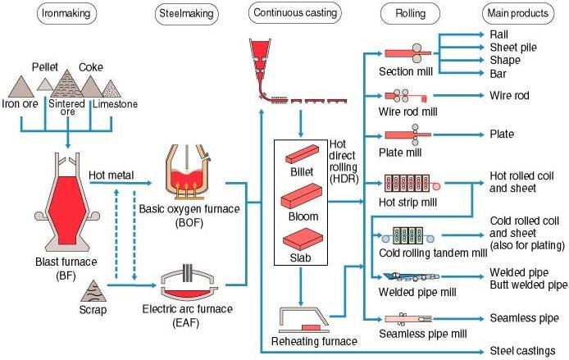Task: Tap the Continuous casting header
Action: point(296,13)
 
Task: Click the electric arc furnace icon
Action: point(189,284)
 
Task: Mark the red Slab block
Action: point(302,240)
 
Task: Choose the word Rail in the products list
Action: point(499,35)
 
